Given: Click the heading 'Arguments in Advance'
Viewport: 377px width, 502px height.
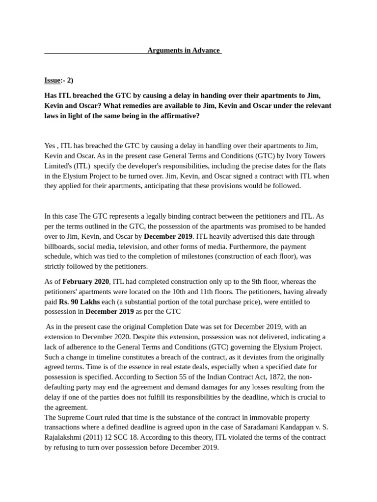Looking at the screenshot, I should (184, 50).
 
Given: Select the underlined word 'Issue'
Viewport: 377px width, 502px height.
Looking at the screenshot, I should (53, 80).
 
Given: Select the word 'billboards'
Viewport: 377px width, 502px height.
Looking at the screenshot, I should (61, 247).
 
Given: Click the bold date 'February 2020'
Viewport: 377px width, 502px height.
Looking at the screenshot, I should (86, 281).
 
